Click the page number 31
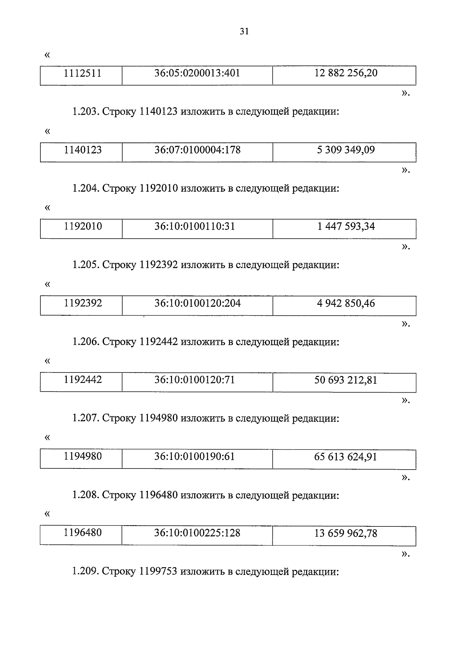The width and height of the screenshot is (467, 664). [x=244, y=32]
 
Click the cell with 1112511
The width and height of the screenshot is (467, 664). [x=83, y=73]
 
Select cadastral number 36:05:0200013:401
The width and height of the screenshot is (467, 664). [x=197, y=73]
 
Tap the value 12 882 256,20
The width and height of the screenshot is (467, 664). [x=346, y=73]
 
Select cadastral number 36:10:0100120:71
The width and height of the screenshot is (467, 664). [x=195, y=380]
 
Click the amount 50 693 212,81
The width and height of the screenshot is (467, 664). [x=346, y=380]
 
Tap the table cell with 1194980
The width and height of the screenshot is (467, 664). [x=83, y=456]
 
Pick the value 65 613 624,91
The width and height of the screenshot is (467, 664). [x=346, y=456]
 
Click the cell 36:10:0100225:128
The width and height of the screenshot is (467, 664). [x=197, y=533]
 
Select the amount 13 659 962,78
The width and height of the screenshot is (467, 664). [x=346, y=533]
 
